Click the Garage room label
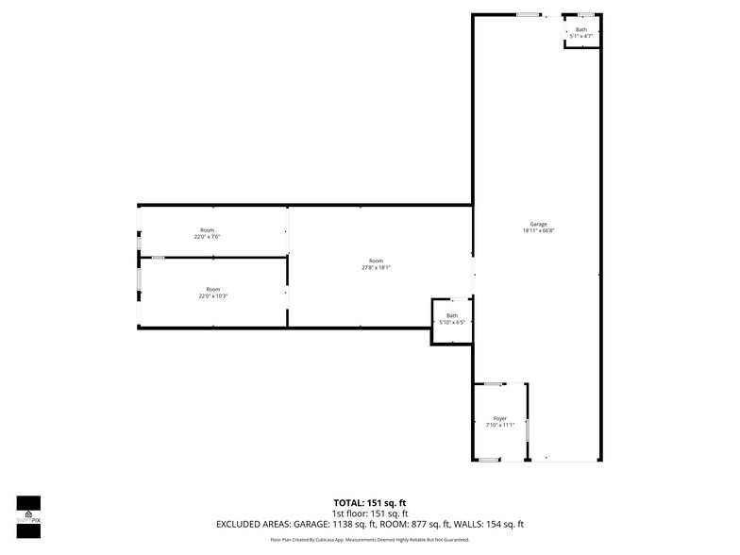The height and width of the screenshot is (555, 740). tap(538, 224)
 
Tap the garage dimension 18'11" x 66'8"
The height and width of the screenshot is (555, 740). tap(538, 231)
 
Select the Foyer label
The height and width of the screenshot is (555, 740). tap(500, 418)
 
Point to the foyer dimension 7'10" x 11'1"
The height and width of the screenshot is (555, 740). tap(500, 426)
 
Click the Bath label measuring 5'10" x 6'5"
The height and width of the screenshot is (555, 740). tap(452, 315)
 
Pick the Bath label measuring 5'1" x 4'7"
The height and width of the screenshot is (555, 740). tap(581, 29)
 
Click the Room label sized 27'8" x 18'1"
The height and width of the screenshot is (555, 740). tap(377, 261)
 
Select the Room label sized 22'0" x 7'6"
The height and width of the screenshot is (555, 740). tap(208, 230)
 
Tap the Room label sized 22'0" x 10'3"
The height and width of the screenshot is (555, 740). tap(213, 289)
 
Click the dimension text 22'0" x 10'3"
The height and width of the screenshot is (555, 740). tap(213, 296)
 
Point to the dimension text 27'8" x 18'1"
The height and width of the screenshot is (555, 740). tap(377, 268)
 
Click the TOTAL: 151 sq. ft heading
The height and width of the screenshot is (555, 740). tap(370, 502)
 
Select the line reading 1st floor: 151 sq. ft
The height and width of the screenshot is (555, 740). tap(370, 513)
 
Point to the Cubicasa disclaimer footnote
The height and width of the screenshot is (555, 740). tap(370, 540)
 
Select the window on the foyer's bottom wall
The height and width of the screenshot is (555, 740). tap(488, 460)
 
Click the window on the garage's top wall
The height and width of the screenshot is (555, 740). tap(529, 14)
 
